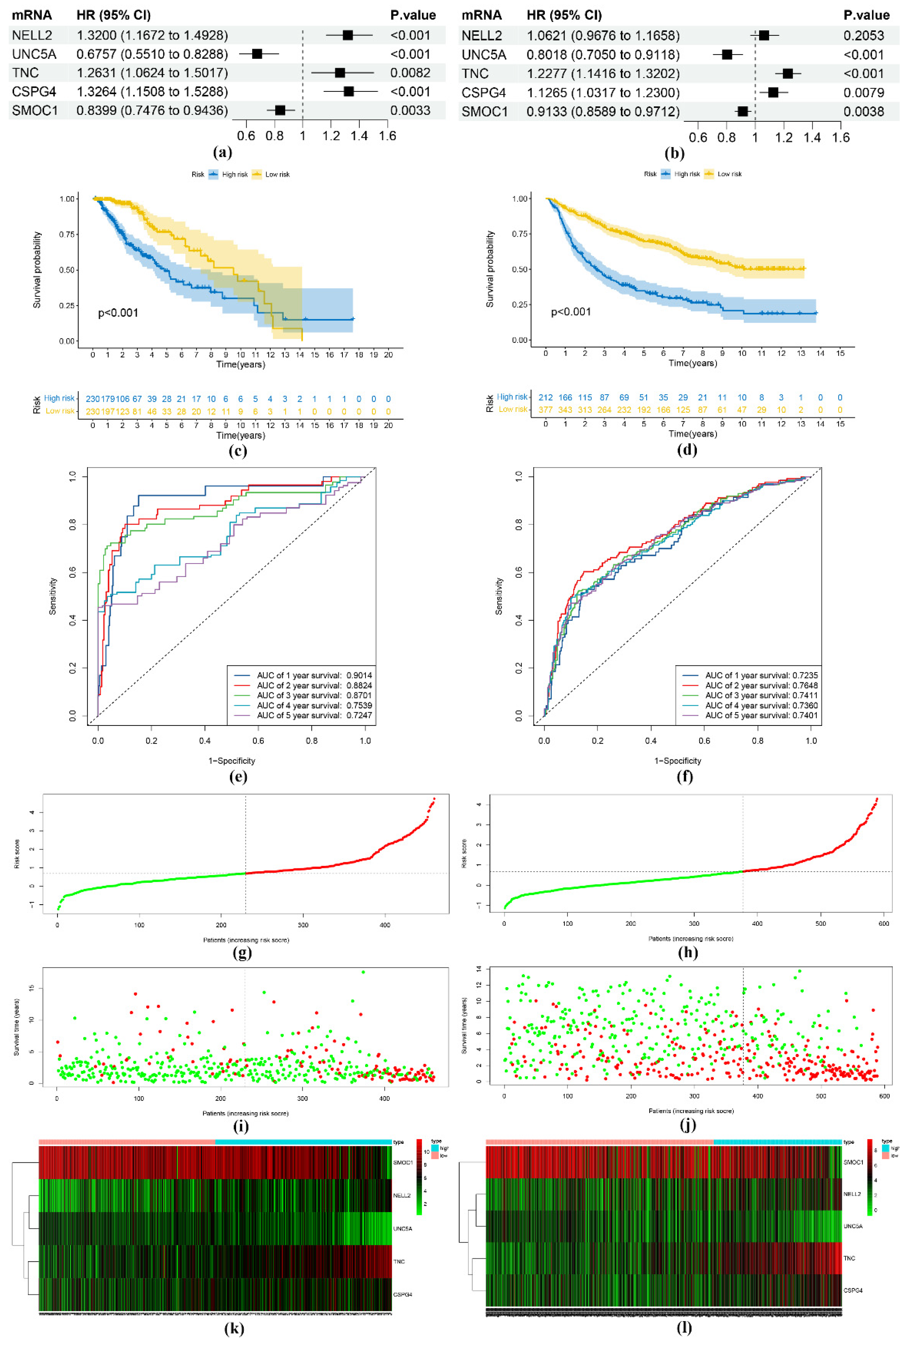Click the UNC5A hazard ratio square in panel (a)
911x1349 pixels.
tap(257, 54)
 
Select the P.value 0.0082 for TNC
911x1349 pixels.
tap(410, 73)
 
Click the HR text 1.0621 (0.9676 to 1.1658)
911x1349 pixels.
tap(603, 35)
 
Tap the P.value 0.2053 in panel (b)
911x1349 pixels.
tap(863, 35)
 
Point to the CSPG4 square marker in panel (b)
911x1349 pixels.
tap(773, 92)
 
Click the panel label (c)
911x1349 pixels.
tap(237, 451)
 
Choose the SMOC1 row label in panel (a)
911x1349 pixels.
tap(35, 110)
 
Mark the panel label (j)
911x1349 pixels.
tap(687, 1125)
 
